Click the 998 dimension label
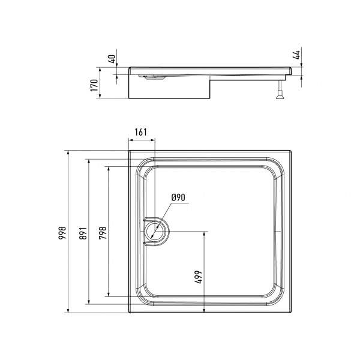pos(62,233)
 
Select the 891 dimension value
pos(83,233)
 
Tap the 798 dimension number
pos(103,233)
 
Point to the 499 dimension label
pos(199,277)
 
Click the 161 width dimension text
pos(140,132)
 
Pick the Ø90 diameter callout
pos(178,197)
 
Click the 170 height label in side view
pos(94,85)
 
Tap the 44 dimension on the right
pos(297,55)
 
